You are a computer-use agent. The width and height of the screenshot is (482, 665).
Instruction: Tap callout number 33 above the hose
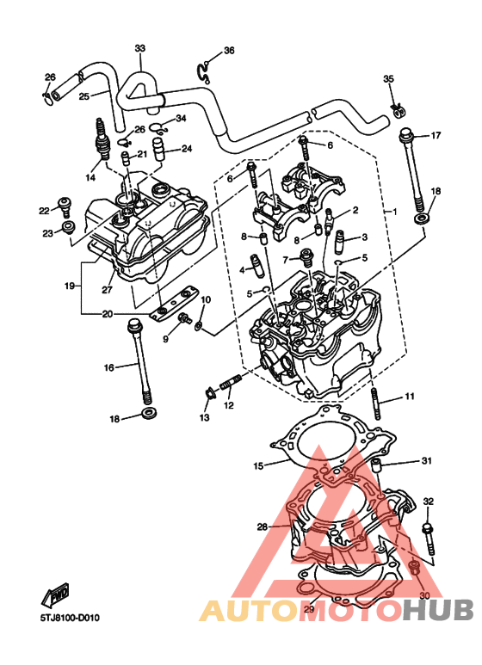coord(140,48)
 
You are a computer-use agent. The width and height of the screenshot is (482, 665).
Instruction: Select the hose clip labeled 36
coord(204,71)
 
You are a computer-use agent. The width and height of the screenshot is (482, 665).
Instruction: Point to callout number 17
coord(436,136)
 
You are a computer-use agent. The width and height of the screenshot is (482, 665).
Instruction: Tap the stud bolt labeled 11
coord(375,404)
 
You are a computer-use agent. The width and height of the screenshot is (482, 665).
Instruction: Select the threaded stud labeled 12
coord(231,382)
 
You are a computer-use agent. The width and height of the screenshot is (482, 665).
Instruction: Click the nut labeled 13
coord(209,394)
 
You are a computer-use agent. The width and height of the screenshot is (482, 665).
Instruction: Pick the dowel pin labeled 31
coord(377,465)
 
